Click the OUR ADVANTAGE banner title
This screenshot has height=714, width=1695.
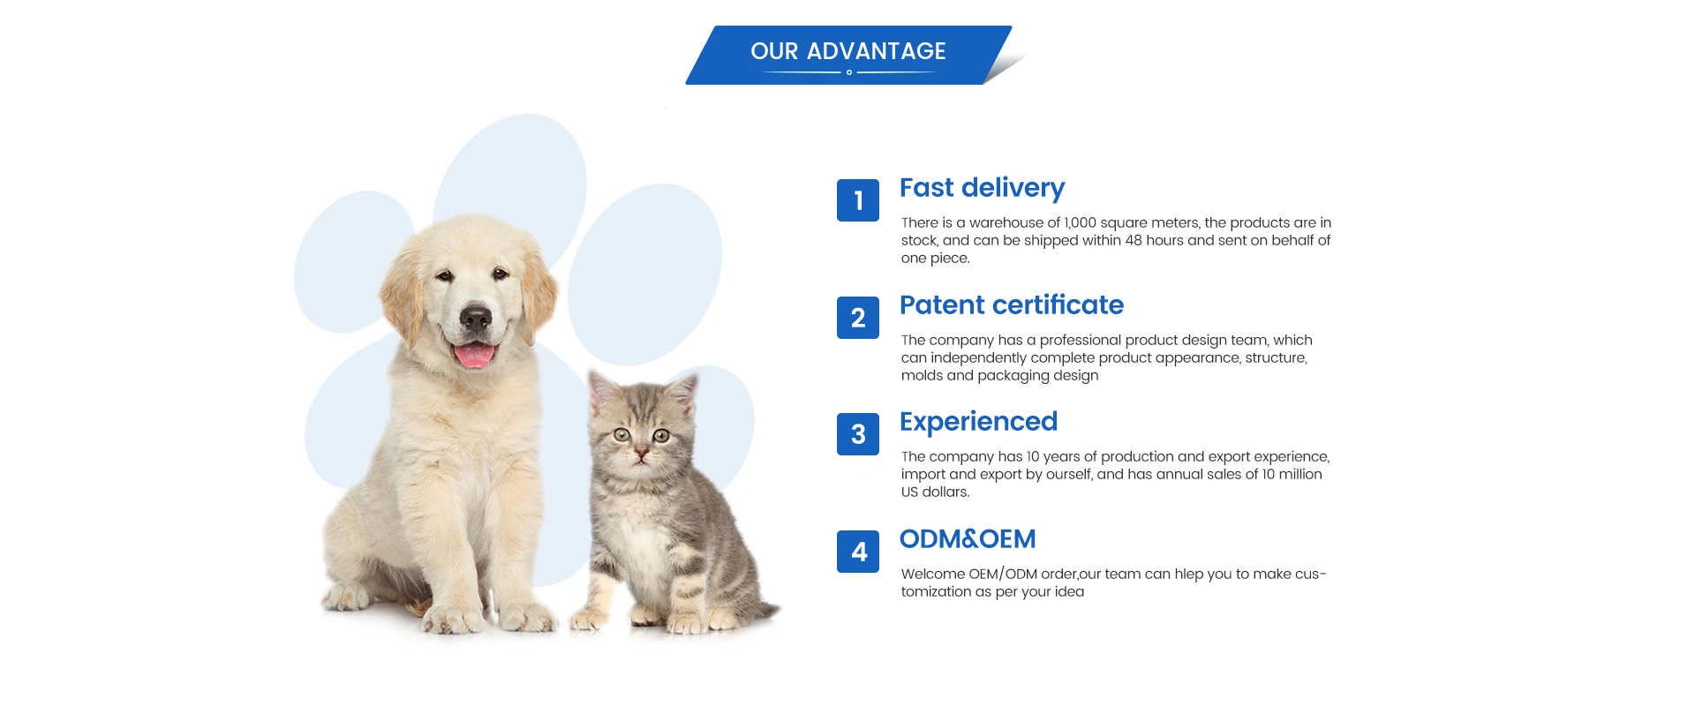847,51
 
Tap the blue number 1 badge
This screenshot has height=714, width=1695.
858,200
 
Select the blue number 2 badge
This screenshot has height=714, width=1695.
858,318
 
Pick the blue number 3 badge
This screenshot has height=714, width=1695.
858,434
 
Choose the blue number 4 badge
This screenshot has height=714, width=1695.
858,552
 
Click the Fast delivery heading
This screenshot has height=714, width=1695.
982,188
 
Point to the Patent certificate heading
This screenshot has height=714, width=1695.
1011,305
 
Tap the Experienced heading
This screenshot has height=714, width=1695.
978,422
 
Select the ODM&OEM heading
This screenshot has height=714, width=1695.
968,538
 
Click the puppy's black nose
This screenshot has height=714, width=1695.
475,318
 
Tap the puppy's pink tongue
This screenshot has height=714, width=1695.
474,356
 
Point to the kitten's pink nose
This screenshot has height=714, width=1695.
642,454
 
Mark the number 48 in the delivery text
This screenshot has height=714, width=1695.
1134,240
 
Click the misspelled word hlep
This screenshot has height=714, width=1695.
1188,574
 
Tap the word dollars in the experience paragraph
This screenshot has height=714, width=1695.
945,492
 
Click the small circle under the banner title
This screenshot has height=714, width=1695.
849,72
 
